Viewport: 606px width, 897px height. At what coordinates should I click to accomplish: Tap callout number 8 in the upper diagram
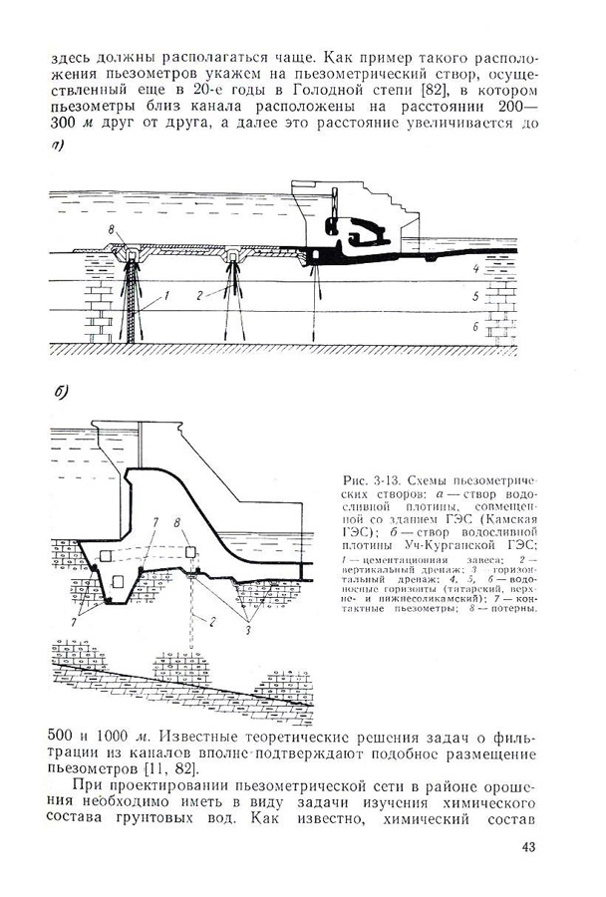click(x=111, y=230)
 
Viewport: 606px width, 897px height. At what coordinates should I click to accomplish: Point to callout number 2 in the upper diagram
click(x=200, y=296)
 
